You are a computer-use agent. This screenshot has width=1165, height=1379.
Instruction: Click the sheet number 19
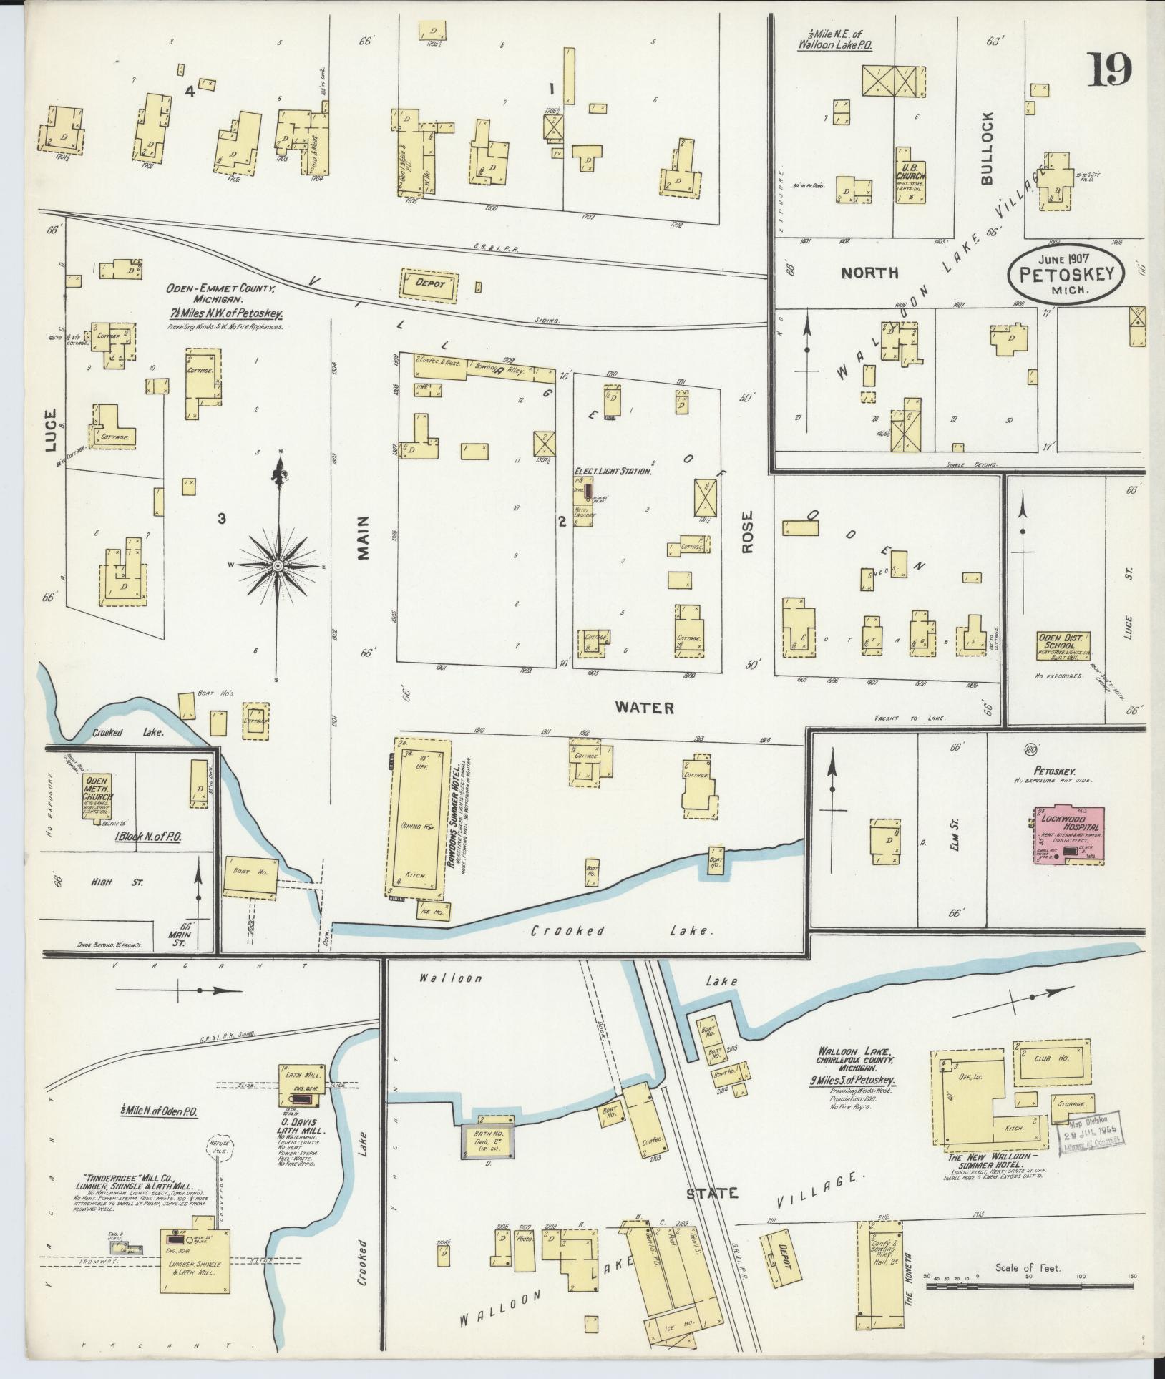(x=1111, y=71)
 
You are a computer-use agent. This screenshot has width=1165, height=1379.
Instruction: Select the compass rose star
(x=277, y=565)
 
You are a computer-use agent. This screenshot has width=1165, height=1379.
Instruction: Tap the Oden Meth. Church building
(x=99, y=796)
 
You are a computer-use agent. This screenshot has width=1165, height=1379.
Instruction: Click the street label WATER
(x=645, y=708)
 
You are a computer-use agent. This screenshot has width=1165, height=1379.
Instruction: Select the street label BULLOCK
(x=988, y=148)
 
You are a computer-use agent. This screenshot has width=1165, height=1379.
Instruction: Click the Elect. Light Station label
(x=613, y=472)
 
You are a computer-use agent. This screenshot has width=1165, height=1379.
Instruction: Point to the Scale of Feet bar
(x=1030, y=1286)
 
